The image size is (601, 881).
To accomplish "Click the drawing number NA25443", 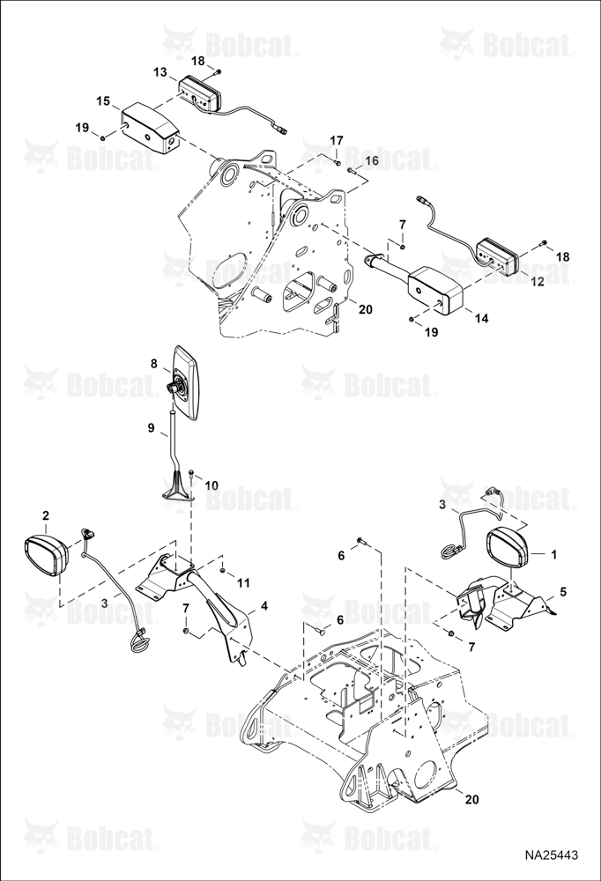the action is pyautogui.click(x=551, y=855).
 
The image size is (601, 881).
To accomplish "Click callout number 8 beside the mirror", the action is pyautogui.click(x=154, y=364).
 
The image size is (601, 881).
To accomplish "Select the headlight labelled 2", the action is pyautogui.click(x=47, y=553).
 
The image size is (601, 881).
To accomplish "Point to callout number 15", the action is pyautogui.click(x=103, y=101).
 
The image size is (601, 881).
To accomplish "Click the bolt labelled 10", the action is pyautogui.click(x=192, y=476).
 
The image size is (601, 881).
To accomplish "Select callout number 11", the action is pyautogui.click(x=243, y=583).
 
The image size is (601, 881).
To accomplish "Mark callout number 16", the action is pyautogui.click(x=372, y=160).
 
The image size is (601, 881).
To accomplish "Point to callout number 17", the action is pyautogui.click(x=336, y=140).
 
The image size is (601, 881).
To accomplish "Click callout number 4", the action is pyautogui.click(x=264, y=606).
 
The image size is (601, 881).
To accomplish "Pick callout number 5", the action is pyautogui.click(x=563, y=592).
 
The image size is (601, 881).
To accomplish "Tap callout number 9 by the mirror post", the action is pyautogui.click(x=151, y=428).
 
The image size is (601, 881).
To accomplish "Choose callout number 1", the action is pyautogui.click(x=553, y=555).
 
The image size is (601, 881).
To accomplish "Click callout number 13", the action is pyautogui.click(x=160, y=72).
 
